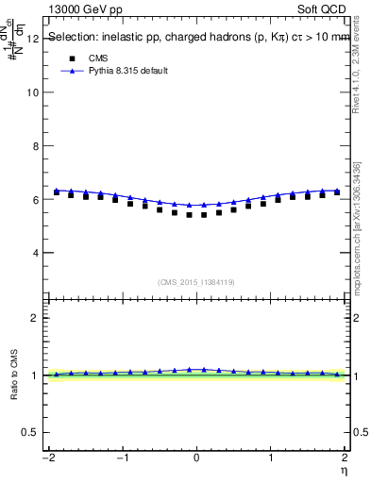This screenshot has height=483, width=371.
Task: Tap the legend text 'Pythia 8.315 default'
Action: [127, 71]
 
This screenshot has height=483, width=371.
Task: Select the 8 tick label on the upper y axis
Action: [35, 146]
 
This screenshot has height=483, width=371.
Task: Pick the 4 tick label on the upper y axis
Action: [35, 253]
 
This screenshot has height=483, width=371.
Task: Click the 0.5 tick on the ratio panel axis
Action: [30, 432]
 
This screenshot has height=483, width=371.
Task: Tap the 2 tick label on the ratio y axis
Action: [35, 318]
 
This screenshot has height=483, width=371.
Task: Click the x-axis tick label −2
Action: [47, 458]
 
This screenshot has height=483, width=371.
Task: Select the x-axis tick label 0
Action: [196, 458]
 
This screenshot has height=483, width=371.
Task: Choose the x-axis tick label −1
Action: [121, 458]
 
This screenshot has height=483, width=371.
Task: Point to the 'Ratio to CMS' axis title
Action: [12, 375]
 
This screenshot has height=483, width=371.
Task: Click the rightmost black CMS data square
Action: [337, 192]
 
